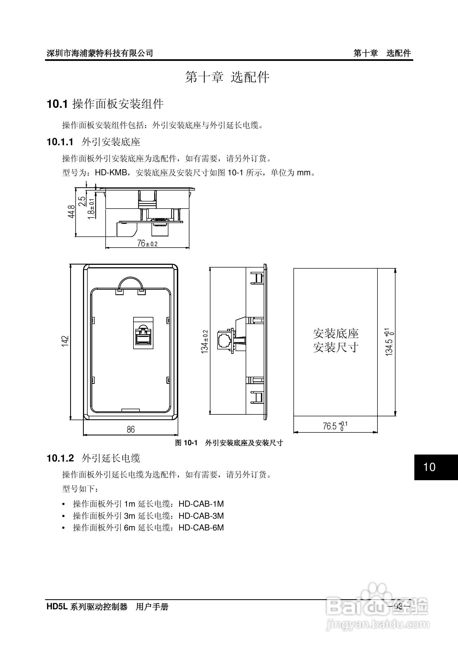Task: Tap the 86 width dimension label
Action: click(130, 429)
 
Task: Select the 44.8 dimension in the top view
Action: click(71, 212)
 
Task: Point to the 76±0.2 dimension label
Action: click(147, 244)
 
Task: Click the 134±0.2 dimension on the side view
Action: click(204, 342)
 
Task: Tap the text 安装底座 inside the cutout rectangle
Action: click(336, 334)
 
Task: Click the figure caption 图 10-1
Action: click(186, 443)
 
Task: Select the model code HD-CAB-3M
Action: click(201, 516)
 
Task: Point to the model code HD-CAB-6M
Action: click(201, 528)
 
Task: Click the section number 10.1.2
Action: click(60, 458)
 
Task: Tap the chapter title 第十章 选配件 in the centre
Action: click(227, 77)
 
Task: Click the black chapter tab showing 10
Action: click(436, 467)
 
